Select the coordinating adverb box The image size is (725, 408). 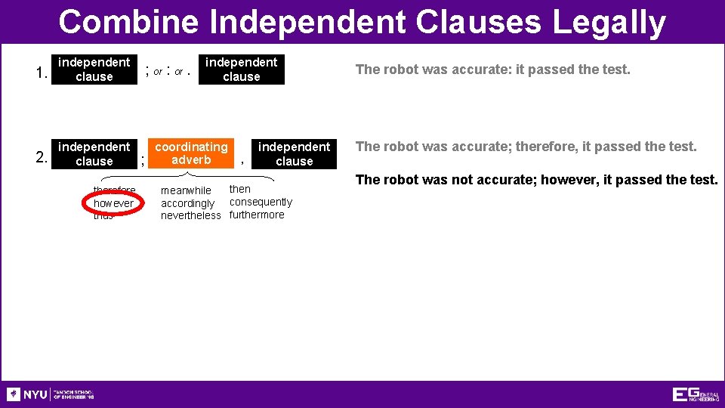click(x=191, y=153)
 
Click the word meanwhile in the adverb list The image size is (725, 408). click(x=186, y=190)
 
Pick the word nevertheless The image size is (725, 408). click(x=191, y=215)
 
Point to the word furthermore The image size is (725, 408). click(x=257, y=215)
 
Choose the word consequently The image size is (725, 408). click(x=261, y=202)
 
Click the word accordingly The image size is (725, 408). click(x=188, y=203)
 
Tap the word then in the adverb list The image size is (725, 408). click(x=240, y=189)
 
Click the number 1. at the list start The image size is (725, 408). click(x=42, y=73)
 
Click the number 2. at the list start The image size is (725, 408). click(x=42, y=158)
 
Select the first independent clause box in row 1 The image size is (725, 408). click(x=94, y=70)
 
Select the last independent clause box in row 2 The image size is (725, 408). click(x=294, y=153)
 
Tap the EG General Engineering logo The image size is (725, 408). click(x=696, y=394)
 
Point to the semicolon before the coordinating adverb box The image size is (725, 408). click(x=143, y=159)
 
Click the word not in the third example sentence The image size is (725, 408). click(x=455, y=180)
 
